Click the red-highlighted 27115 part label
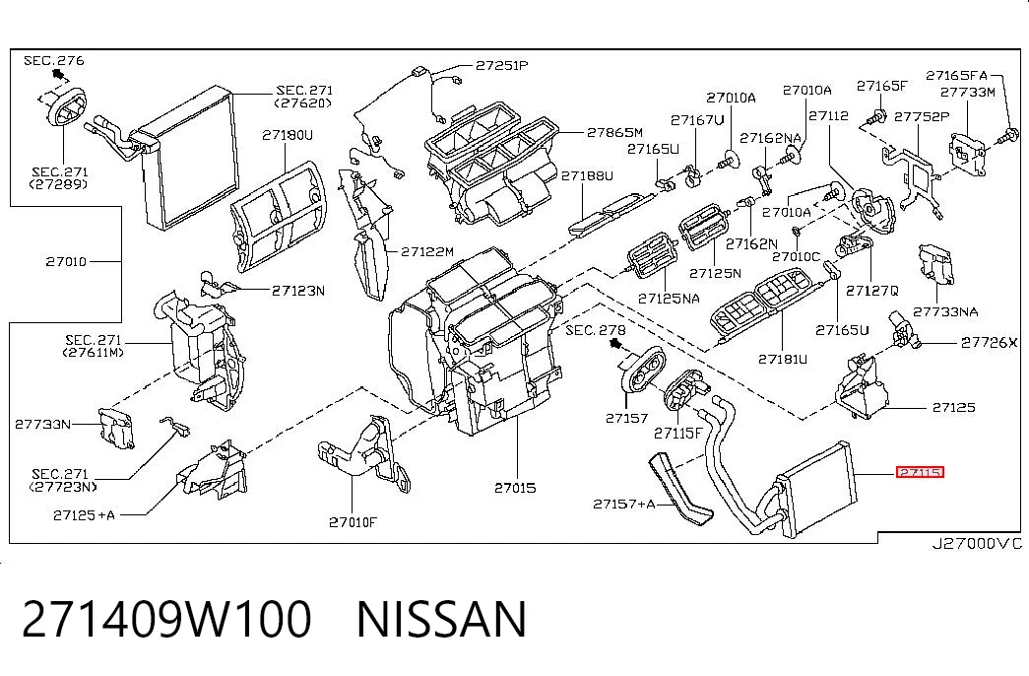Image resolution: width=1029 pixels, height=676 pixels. tap(920, 472)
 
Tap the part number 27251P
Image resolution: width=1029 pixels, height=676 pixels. tap(502, 65)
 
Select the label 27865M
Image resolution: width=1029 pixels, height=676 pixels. tap(614, 132)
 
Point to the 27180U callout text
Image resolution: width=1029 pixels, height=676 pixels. tap(288, 135)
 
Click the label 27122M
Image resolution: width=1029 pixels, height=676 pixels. tap(427, 251)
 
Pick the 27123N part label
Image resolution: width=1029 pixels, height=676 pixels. tap(298, 291)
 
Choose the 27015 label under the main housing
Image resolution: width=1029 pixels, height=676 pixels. tap(515, 488)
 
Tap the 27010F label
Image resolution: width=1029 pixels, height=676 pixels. tap(354, 522)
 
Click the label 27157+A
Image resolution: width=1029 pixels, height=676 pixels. tap(624, 504)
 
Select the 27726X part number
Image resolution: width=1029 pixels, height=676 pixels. tap(989, 342)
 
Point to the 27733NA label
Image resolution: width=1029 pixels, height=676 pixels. tap(945, 312)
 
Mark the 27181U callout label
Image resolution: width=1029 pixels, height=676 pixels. tap(783, 359)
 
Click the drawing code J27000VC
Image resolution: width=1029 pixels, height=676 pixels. tap(978, 543)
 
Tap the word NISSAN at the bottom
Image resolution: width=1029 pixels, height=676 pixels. tap(442, 619)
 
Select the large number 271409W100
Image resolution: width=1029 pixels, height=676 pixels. tap(166, 619)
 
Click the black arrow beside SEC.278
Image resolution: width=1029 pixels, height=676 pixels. tap(615, 344)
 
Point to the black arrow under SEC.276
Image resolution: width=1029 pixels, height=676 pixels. tap(57, 73)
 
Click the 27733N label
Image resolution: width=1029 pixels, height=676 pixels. tap(42, 425)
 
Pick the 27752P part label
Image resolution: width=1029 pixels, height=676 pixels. tap(922, 116)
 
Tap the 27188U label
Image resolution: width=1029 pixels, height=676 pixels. tap(587, 175)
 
